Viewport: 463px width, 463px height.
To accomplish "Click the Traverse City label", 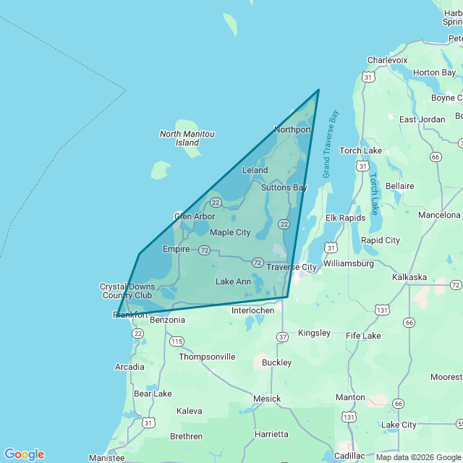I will click(x=292, y=267).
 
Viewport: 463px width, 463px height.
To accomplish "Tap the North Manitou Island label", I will click(x=187, y=138).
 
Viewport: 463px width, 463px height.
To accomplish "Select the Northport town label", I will click(x=292, y=129).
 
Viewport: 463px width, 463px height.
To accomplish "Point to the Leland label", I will click(x=255, y=170).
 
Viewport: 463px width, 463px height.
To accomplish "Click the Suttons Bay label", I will click(x=284, y=187).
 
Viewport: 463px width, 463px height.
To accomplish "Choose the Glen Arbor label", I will click(x=195, y=216).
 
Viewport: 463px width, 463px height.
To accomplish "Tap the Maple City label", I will click(x=230, y=232).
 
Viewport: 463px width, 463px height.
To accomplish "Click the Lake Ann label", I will click(x=233, y=281).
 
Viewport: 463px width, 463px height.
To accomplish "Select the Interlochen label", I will click(x=252, y=310).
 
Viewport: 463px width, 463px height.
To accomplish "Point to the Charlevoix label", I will click(x=387, y=60).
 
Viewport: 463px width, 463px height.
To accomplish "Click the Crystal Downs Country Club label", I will click(x=127, y=291).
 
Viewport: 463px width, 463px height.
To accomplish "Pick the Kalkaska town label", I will click(x=409, y=277).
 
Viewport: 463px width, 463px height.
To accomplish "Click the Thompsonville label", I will click(x=207, y=357).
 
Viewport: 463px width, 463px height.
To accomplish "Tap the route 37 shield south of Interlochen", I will click(x=282, y=336).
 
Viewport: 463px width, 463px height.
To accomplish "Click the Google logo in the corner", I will click(x=24, y=454).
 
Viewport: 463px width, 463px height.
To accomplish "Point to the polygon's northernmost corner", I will click(x=319, y=90).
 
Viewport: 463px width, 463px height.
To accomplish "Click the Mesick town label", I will click(x=267, y=399).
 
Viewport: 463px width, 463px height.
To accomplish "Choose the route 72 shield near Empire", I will click(x=205, y=250).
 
